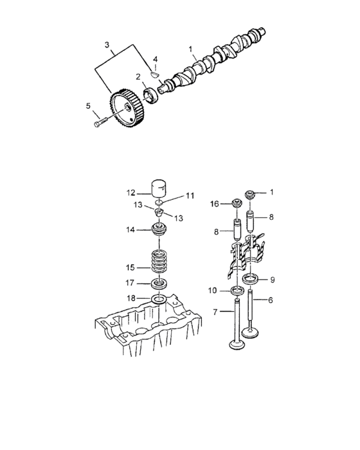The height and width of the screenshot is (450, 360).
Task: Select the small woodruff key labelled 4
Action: (x=154, y=75)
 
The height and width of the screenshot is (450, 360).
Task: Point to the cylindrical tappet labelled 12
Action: (x=158, y=188)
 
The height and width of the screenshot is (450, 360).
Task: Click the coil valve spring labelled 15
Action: (x=159, y=262)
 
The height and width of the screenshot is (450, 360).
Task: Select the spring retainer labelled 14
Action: (x=159, y=230)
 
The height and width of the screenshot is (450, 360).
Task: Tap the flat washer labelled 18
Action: (x=159, y=300)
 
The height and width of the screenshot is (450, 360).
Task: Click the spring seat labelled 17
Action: (x=159, y=283)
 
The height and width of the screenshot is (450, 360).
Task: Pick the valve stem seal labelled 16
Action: (x=237, y=203)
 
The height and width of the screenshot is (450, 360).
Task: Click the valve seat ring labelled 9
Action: (x=251, y=278)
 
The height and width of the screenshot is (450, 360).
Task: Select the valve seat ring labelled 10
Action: (x=237, y=291)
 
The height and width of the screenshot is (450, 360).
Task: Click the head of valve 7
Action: (x=237, y=344)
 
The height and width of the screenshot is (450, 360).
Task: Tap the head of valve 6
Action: (x=251, y=332)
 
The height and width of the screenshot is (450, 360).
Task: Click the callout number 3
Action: (x=107, y=45)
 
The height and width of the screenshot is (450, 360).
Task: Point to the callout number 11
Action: (x=190, y=195)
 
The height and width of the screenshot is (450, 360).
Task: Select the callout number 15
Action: (x=130, y=267)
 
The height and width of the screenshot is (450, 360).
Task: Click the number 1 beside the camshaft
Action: (x=190, y=50)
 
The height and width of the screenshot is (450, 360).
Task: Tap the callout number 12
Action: (x=130, y=193)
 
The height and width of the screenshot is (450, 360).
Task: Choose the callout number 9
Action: (x=273, y=280)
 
